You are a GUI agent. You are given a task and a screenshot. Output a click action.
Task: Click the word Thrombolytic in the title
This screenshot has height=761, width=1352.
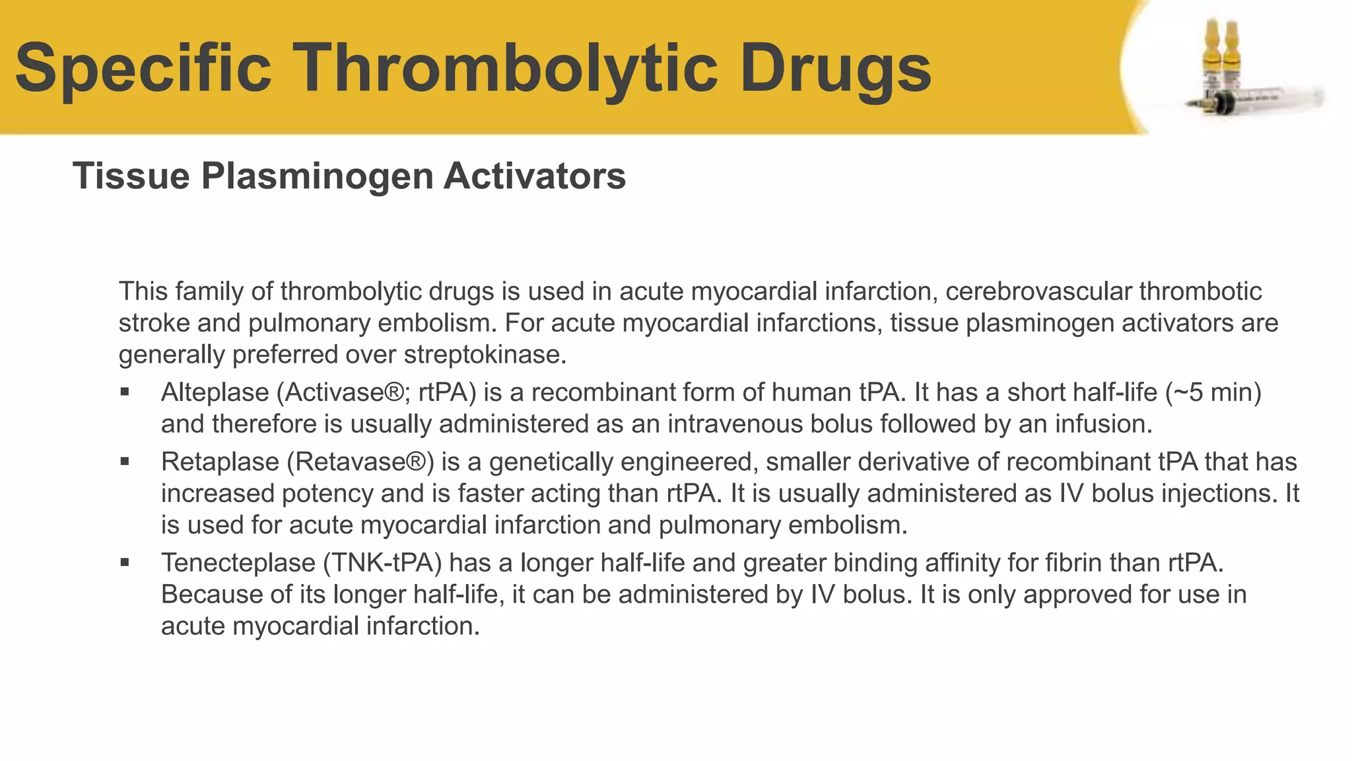508,68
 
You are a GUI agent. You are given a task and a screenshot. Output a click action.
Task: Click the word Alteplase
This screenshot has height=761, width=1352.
215,392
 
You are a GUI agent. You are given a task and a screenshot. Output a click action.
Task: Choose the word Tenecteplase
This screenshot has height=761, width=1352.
238,563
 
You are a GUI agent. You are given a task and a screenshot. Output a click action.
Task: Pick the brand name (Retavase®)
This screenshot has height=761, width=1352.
360,462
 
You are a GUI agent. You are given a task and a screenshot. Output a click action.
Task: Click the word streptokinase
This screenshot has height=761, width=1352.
485,355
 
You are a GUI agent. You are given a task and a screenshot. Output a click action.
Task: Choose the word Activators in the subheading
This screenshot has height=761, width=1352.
535,176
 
